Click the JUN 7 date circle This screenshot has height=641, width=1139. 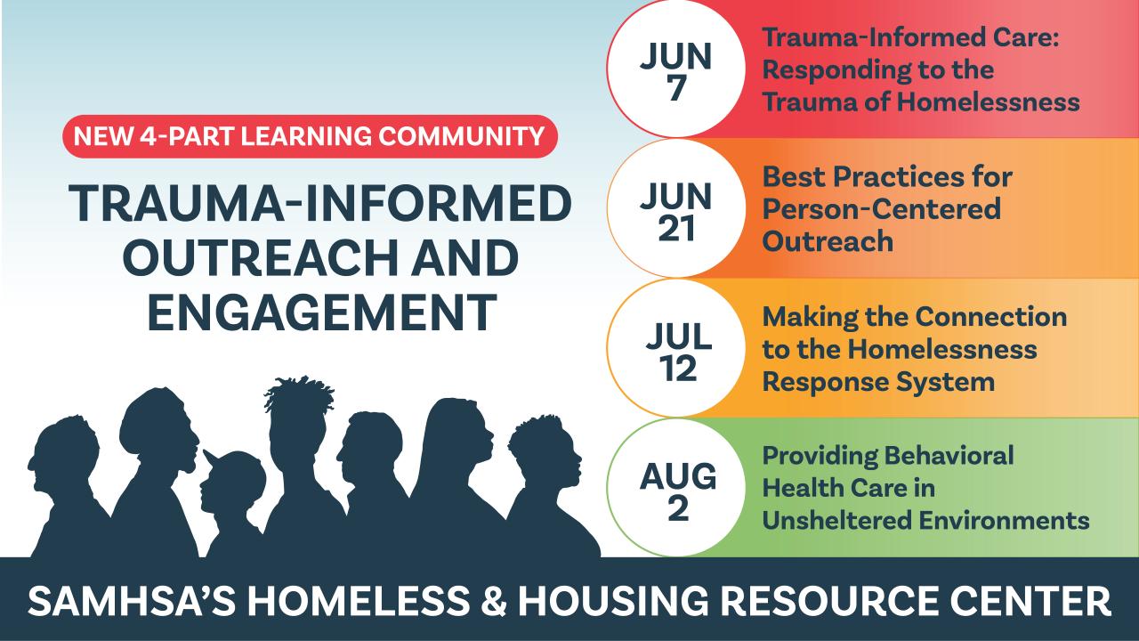point(676,69)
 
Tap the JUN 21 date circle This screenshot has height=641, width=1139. point(676,208)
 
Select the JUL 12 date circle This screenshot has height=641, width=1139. point(676,348)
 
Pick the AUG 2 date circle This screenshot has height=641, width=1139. point(676,487)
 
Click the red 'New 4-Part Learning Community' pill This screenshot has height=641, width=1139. point(310,136)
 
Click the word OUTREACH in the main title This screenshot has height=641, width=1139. point(261,258)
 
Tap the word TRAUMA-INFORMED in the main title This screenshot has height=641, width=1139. point(320,203)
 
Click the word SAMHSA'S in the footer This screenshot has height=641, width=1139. point(132,601)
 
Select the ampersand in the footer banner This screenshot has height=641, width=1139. point(493,601)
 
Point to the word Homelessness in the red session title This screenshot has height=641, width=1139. point(988,101)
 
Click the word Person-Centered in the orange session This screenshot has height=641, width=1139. point(881,209)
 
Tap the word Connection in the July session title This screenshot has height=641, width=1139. point(991,317)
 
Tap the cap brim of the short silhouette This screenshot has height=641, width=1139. point(213,458)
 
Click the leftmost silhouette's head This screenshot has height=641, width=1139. point(63,453)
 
